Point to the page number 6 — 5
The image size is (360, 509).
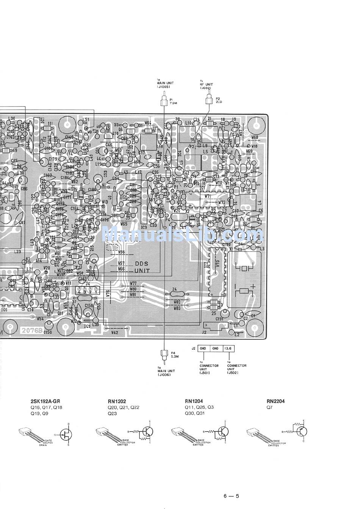231,495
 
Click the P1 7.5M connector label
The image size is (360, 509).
174,101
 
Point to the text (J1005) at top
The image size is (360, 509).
163,88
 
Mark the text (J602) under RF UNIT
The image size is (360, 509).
207,88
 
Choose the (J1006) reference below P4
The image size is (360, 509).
164,375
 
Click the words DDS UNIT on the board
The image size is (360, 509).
142,267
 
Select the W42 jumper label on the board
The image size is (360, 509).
115,332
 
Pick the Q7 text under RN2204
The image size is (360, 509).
269,408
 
